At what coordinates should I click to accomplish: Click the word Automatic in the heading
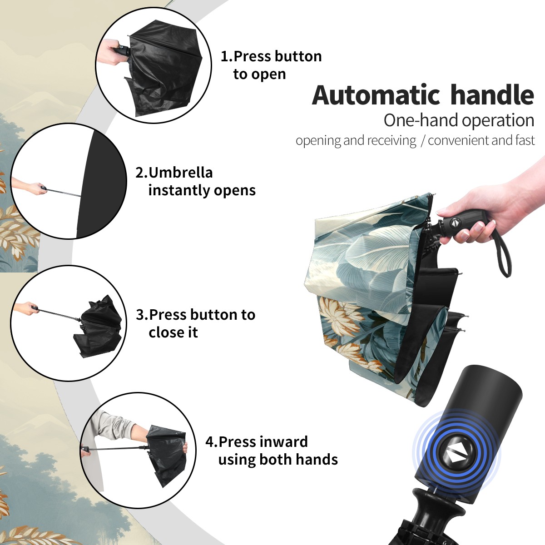(x=376, y=95)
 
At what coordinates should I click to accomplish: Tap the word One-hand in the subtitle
(x=421, y=120)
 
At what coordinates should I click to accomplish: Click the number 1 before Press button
(x=225, y=56)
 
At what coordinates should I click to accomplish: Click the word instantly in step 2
(x=179, y=190)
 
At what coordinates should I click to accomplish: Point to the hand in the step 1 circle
(x=109, y=52)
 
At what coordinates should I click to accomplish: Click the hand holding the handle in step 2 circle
(x=30, y=187)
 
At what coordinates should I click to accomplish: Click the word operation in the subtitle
(x=498, y=121)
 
